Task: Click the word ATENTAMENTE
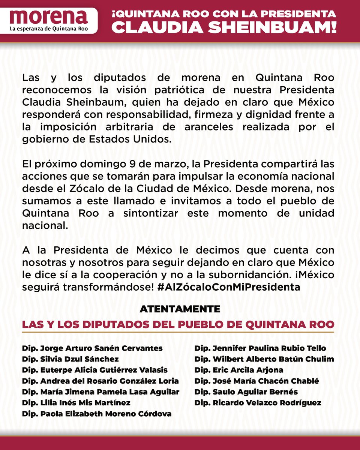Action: pyautogui.click(x=180, y=309)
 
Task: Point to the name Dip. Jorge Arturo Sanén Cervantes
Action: pyautogui.click(x=92, y=348)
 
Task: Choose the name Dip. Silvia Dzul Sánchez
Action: pyautogui.click(x=70, y=359)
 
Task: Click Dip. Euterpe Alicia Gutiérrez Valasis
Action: pyautogui.click(x=95, y=370)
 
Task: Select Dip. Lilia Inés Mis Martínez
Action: pyautogui.click(x=76, y=403)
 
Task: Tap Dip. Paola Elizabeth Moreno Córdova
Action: pyautogui.click(x=97, y=414)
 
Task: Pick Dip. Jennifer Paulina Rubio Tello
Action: pyautogui.click(x=260, y=348)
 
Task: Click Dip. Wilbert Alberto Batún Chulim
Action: pyautogui.click(x=264, y=359)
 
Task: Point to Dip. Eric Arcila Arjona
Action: pyautogui.click(x=239, y=370)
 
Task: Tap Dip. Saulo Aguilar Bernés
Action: pyautogui.click(x=246, y=392)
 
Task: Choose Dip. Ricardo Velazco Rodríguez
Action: pyautogui.click(x=258, y=403)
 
